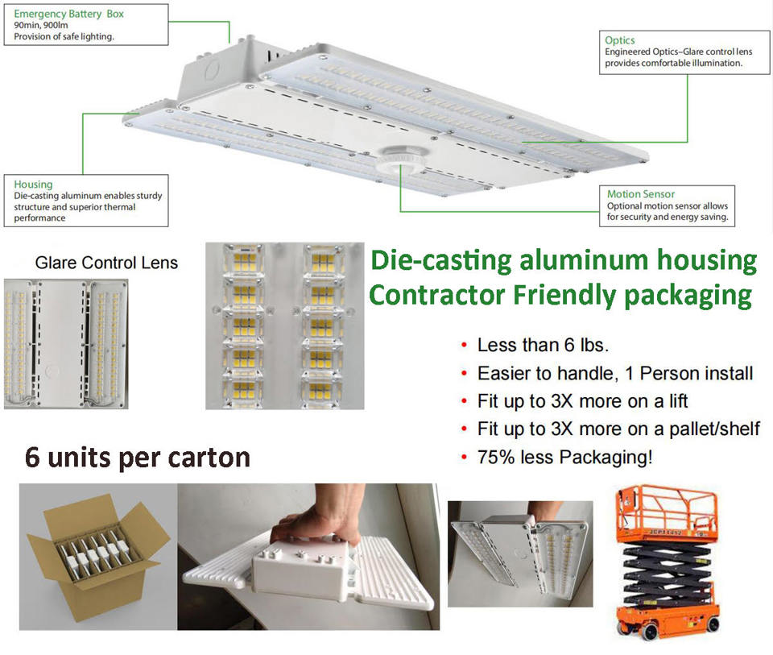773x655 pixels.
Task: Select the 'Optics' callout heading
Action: [620, 39]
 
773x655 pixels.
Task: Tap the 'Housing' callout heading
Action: [33, 184]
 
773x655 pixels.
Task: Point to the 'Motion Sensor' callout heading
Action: [641, 194]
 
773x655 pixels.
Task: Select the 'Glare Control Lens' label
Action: [106, 263]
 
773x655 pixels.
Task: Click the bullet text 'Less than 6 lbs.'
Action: [543, 346]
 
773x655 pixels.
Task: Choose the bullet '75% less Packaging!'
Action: [564, 457]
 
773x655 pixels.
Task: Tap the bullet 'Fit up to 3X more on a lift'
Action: [582, 400]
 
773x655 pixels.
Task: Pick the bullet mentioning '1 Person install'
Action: [615, 373]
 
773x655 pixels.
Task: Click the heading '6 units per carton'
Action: [138, 457]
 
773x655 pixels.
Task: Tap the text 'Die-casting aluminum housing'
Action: [563, 261]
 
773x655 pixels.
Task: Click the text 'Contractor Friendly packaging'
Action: [560, 295]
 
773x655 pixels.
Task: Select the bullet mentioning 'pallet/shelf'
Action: [618, 429]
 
